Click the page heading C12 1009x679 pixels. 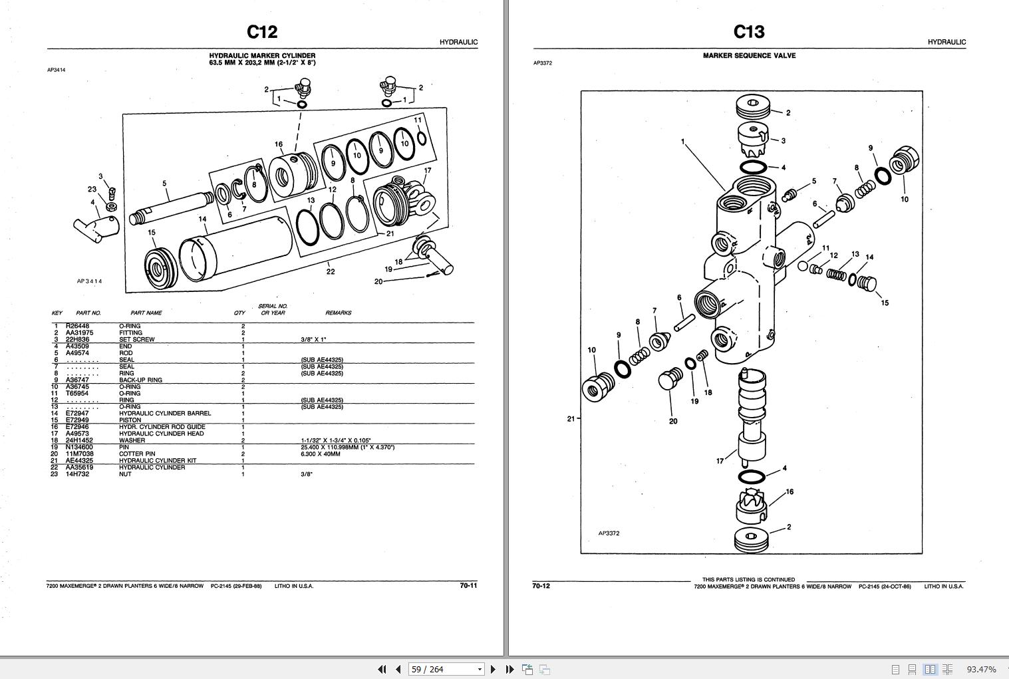coord(262,32)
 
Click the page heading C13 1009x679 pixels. coord(749,32)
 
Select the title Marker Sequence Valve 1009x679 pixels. coord(749,56)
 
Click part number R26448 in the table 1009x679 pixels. coord(77,326)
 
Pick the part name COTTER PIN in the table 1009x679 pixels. coord(137,454)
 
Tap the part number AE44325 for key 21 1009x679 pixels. coord(79,461)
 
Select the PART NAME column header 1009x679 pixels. coord(146,313)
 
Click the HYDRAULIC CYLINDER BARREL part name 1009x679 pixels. coord(165,414)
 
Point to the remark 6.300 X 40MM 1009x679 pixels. coord(320,454)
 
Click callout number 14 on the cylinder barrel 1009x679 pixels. coord(202,219)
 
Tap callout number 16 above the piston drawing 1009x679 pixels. coord(279,144)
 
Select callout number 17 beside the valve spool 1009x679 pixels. coord(720,461)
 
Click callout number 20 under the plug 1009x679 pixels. coord(673,421)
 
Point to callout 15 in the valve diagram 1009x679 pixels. coord(885,303)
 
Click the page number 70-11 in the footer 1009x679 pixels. coord(468,586)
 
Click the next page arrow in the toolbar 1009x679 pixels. coord(493,669)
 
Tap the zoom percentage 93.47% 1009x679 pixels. coord(981,669)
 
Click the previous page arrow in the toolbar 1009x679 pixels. coord(398,669)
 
